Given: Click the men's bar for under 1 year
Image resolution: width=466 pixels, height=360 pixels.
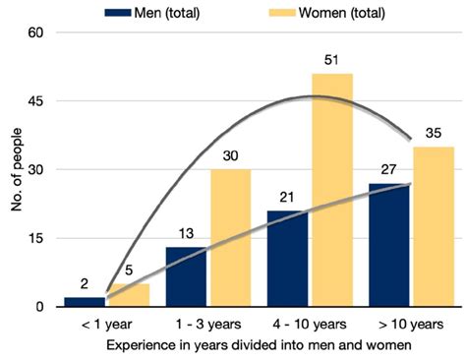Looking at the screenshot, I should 85,302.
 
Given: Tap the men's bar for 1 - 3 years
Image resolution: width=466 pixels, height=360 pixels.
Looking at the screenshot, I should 186,277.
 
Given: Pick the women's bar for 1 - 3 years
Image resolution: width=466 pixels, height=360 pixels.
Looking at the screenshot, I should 229,238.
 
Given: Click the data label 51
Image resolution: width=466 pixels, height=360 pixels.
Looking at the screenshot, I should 332,61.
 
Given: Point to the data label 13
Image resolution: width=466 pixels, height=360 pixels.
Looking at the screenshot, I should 187,235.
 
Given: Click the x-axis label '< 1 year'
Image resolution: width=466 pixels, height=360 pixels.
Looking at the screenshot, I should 105,325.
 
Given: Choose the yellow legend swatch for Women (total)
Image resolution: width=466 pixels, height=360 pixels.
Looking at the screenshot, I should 282,12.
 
